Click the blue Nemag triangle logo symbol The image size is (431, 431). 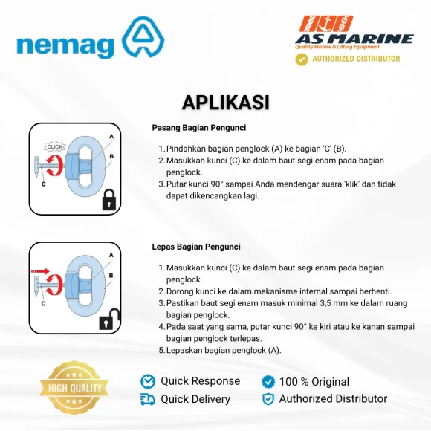point(143,39)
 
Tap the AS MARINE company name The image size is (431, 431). point(354,39)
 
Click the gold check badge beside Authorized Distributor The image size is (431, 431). point(302,59)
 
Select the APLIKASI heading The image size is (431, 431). point(225,103)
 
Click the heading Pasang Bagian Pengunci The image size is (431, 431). point(198,128)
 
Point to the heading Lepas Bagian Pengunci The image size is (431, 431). point(196,247)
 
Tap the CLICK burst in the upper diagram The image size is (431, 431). point(55,147)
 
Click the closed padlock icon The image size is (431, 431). point(109,200)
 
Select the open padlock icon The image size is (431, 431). point(109,319)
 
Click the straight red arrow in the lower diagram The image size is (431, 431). point(40,271)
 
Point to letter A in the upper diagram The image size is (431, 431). point(111,136)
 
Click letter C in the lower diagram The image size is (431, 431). point(43,304)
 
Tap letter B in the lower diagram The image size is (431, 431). point(111,276)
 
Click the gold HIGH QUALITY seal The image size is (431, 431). point(74,388)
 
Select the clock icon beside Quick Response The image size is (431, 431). point(148,381)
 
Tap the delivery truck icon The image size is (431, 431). point(148,399)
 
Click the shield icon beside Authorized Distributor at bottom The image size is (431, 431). point(268,399)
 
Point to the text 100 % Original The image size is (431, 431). point(314,381)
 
